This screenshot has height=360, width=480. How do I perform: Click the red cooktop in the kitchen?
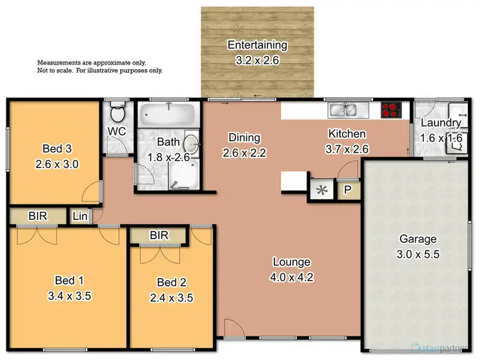pos(390,110)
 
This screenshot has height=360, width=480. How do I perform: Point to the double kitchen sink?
pos(347,111)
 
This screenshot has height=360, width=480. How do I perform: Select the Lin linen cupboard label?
pos(80,217)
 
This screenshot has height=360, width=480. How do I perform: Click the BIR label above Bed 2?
pos(159,235)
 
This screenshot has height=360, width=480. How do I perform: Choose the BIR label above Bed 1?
pos(37,216)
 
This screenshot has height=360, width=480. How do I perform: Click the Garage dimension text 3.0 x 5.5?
pos(418,253)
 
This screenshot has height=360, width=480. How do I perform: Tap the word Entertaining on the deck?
pos(257,45)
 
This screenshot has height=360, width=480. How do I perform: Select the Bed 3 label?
pos(56,150)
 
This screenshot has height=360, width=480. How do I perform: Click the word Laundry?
pos(440,123)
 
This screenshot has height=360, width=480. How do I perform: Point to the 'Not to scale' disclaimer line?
pos(100,71)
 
